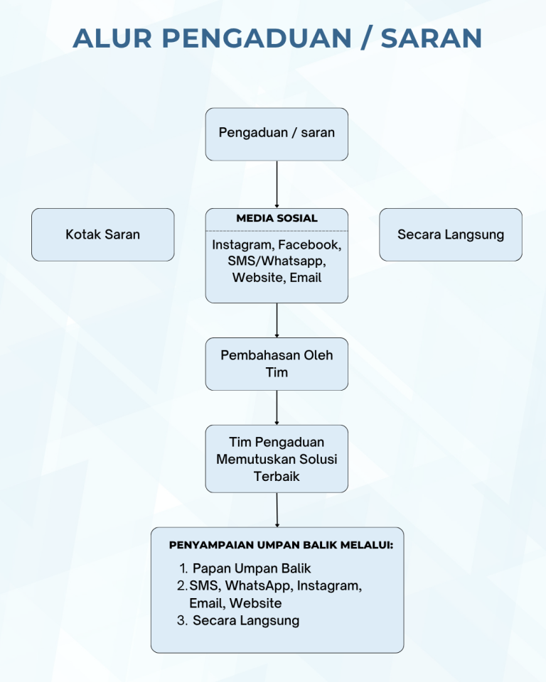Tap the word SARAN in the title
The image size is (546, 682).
432,38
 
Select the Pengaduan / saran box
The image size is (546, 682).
277,133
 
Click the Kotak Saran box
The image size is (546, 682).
102,234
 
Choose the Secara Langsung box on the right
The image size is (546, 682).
450,234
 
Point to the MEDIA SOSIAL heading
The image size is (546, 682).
277,218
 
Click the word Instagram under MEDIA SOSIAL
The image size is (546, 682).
242,245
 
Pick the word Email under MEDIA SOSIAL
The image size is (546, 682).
306,278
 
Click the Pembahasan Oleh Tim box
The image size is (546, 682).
277,364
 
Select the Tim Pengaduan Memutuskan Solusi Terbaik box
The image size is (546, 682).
277,458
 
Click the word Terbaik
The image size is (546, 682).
277,476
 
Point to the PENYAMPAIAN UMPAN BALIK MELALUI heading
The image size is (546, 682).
281,546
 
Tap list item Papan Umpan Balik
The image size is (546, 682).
252,568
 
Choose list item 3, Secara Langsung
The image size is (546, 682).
245,620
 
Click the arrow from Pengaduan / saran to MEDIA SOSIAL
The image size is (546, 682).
277,184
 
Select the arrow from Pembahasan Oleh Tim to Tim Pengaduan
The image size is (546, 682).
277,407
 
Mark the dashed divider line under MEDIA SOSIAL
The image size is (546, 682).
277,231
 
